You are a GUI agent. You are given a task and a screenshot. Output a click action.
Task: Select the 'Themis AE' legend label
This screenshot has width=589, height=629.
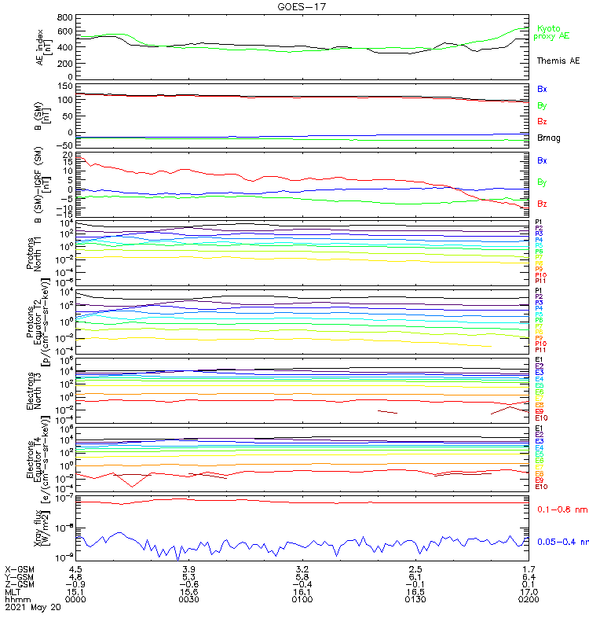[558, 61]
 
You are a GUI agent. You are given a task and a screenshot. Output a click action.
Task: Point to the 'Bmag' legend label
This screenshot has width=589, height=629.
[548, 138]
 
